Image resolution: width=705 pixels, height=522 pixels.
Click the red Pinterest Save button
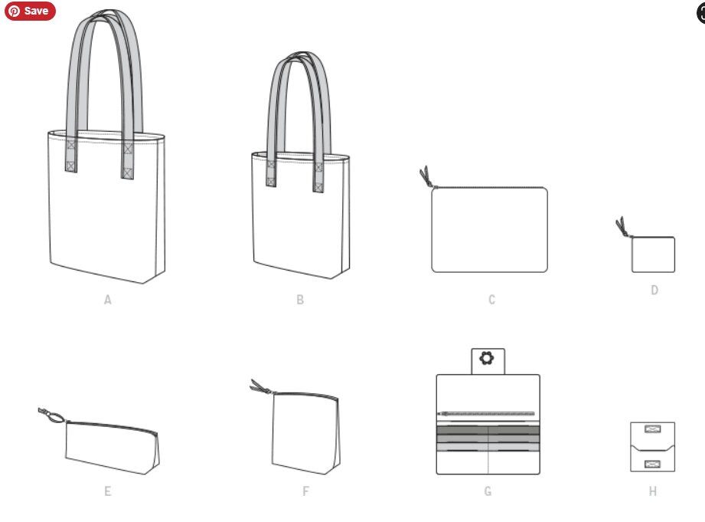30,11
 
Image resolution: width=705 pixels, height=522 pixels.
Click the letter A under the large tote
107,300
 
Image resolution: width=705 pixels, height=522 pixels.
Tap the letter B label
300,300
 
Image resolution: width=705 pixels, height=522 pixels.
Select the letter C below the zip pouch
492,300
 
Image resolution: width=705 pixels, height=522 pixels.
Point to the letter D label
654,290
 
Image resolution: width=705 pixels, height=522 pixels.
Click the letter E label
107,491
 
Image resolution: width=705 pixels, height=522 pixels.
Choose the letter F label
305,491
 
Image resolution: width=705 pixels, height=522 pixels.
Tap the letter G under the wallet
488,491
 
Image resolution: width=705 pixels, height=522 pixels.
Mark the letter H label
653,491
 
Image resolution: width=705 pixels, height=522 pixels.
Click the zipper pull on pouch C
426,176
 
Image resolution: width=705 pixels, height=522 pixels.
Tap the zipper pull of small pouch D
622,227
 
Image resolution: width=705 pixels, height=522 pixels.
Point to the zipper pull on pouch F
261,387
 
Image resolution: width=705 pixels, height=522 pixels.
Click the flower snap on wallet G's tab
487,358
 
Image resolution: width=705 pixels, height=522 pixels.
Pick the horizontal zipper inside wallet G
487,413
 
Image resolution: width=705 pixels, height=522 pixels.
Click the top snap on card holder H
652,428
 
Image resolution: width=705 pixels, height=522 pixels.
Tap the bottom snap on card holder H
652,464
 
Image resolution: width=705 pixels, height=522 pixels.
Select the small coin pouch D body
653,254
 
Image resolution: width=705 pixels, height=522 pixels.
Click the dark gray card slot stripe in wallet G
488,430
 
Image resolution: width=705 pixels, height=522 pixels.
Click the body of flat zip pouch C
489,230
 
